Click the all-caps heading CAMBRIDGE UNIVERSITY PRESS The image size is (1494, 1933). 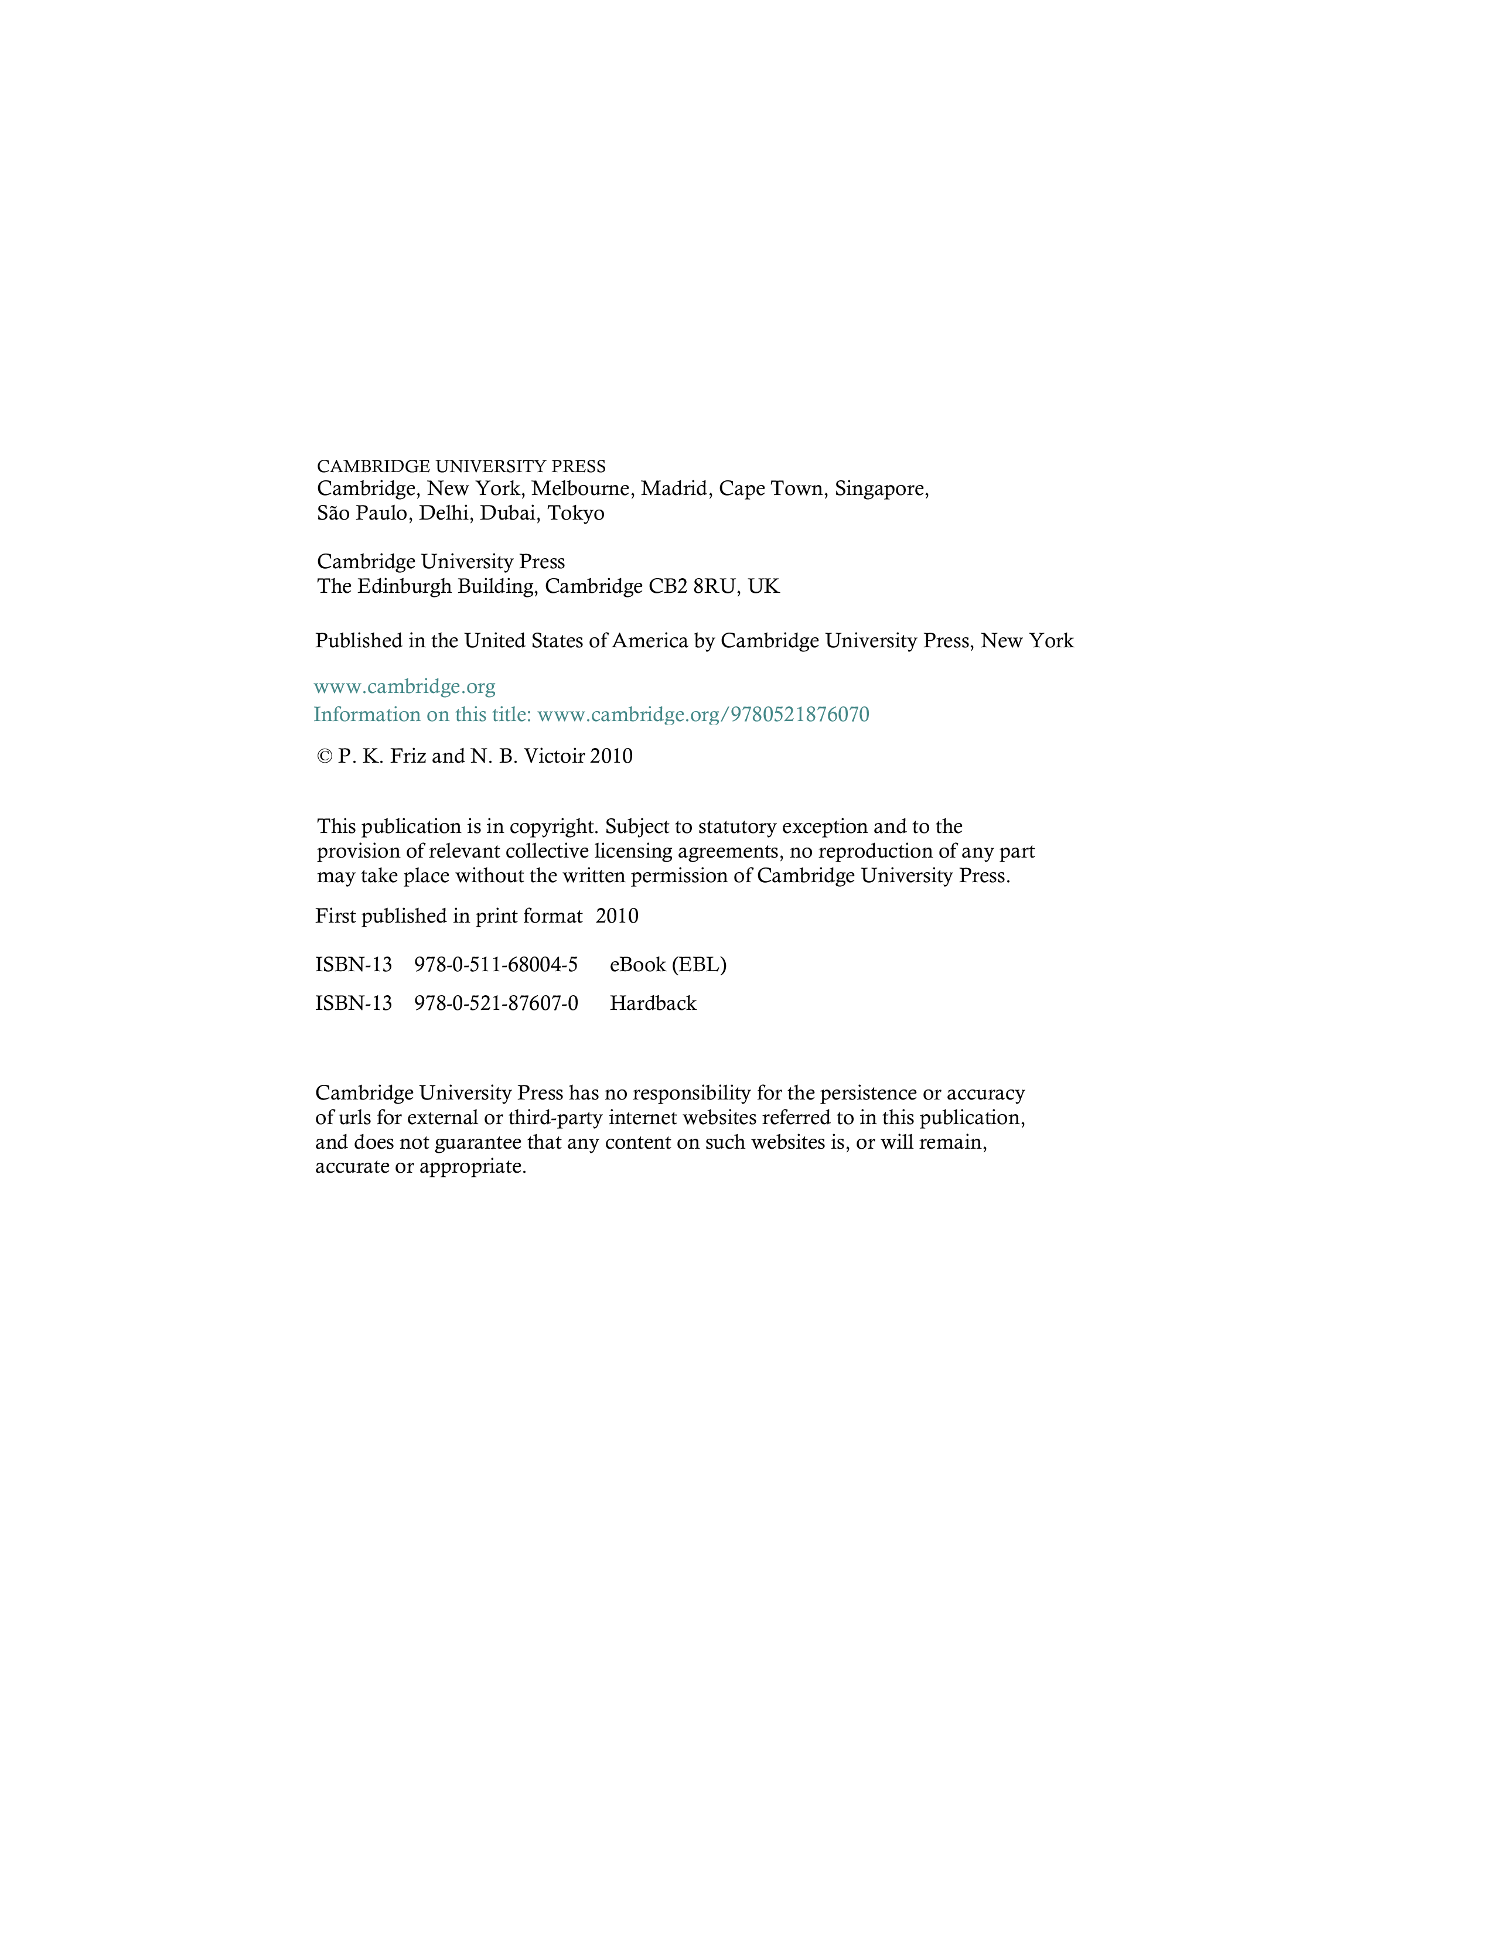(461, 466)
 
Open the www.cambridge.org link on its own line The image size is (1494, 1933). (404, 687)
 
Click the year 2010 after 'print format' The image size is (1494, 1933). (617, 917)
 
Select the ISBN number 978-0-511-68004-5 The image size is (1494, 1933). (496, 965)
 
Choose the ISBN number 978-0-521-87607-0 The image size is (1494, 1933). (496, 1003)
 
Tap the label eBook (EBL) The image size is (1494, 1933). (668, 965)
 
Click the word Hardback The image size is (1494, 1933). (653, 1003)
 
